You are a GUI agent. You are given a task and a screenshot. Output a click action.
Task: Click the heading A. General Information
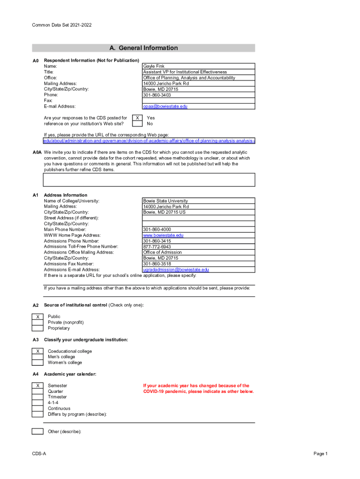[144, 48]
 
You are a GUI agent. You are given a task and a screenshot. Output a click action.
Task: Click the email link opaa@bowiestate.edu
[165, 106]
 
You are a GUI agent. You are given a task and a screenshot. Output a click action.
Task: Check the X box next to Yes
[137, 118]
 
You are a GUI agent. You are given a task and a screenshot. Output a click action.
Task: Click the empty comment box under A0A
[149, 180]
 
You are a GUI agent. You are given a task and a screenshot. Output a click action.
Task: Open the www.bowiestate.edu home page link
[163, 235]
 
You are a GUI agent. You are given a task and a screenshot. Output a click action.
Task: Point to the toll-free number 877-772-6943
[157, 247]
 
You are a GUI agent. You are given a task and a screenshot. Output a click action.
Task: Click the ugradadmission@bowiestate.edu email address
[176, 269]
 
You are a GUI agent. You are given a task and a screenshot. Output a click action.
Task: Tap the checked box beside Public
[37, 317]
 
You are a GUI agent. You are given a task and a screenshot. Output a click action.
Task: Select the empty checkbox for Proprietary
[37, 328]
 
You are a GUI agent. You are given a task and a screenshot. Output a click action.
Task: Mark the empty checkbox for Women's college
[37, 363]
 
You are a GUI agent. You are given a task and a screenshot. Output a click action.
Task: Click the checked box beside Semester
[37, 385]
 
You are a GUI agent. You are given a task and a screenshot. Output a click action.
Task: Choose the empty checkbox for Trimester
[37, 397]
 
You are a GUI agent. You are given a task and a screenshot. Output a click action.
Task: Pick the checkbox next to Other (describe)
[37, 431]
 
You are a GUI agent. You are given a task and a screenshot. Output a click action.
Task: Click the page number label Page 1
[321, 454]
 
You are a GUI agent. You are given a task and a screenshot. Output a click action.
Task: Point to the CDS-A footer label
[39, 454]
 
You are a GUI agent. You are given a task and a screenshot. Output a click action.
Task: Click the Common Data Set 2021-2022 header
[62, 25]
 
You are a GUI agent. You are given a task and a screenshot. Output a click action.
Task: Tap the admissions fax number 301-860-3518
[157, 264]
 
